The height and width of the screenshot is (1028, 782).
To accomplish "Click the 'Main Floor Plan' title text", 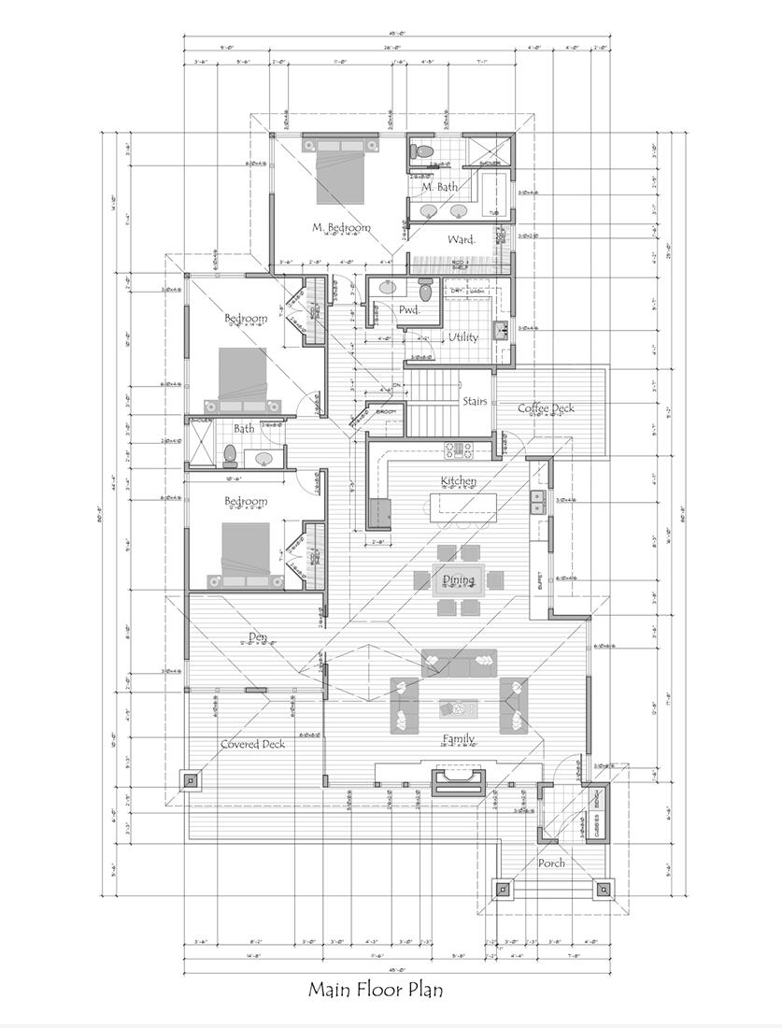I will (x=376, y=989).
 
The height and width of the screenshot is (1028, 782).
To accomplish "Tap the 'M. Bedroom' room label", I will (x=341, y=227).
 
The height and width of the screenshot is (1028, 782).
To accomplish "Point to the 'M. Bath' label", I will (x=439, y=187).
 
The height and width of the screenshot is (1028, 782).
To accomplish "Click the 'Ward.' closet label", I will (x=461, y=239).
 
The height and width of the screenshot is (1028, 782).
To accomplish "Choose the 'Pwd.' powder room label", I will (x=409, y=309).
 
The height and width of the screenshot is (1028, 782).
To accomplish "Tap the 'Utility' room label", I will (x=462, y=336).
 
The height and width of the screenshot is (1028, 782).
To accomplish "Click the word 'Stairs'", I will (x=475, y=401).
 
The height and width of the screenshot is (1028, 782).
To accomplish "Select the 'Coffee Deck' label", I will (x=547, y=407).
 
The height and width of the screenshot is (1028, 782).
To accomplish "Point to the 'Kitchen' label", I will (x=459, y=480).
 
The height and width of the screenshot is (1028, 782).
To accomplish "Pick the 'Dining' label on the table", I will (x=459, y=579).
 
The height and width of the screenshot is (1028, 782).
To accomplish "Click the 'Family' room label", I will (x=460, y=739).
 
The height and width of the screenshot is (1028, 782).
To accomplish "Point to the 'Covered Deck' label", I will (x=252, y=744).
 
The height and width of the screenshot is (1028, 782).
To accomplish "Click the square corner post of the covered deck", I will (x=191, y=779).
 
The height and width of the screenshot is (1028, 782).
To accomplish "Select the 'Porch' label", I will (x=551, y=863).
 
